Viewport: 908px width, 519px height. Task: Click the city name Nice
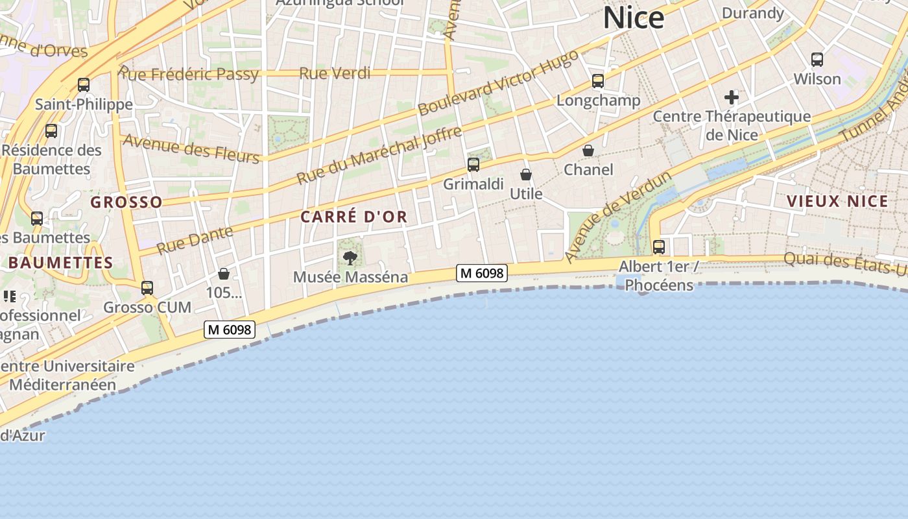coord(634,18)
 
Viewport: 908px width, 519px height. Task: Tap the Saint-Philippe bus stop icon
coord(84,85)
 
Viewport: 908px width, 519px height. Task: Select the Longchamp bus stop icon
coord(598,81)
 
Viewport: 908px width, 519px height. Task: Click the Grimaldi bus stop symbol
coord(473,165)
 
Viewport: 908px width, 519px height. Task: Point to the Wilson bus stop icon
coord(817,60)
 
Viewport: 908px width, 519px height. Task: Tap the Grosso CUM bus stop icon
coord(147,288)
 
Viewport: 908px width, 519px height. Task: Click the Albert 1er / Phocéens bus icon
coord(659,247)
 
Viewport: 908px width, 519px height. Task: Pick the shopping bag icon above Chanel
coord(588,151)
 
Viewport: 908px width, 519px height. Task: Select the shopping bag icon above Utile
coord(526,175)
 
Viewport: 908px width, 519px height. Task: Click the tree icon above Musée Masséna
coord(350,258)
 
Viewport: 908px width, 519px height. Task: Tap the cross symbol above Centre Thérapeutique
coord(732,98)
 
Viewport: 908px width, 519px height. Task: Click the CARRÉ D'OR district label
coord(354,217)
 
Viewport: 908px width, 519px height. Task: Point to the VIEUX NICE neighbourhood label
coord(837,201)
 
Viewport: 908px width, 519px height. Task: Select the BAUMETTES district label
coord(61,263)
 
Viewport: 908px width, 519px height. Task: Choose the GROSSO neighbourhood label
coord(126,202)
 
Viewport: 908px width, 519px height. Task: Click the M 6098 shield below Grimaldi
coord(481,273)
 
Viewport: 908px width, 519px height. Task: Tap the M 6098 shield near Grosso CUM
coord(230,330)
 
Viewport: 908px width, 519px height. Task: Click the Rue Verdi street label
coord(335,73)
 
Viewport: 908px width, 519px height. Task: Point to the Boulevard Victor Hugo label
coord(497,83)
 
